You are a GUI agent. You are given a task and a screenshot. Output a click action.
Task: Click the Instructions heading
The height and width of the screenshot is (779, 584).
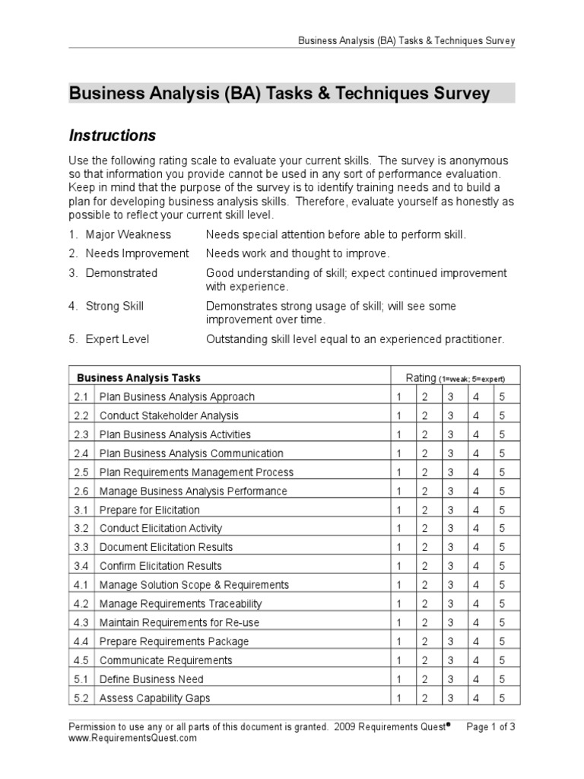tap(113, 135)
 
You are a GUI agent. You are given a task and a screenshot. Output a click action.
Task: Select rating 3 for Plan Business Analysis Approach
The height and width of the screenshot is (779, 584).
tap(450, 396)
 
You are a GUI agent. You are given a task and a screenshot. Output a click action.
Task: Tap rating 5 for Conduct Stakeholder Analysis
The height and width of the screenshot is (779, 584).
tap(502, 415)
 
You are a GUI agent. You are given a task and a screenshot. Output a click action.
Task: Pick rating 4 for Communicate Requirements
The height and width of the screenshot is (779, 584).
tap(476, 660)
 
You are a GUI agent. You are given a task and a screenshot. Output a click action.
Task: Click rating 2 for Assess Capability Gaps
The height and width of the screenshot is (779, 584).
tap(425, 698)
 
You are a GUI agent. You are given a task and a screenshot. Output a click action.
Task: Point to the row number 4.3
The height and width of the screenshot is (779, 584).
tap(82, 622)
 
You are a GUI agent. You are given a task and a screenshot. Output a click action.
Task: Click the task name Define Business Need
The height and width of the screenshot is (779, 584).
tap(151, 679)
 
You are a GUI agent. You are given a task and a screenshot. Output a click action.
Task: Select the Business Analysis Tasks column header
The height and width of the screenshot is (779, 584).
tap(138, 377)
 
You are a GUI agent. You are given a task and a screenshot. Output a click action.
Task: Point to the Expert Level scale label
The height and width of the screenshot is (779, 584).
tap(117, 339)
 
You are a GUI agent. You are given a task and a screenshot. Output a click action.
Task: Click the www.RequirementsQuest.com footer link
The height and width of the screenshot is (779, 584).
tap(132, 738)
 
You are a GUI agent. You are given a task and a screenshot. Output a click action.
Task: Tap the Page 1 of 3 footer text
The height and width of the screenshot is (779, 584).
tap(490, 727)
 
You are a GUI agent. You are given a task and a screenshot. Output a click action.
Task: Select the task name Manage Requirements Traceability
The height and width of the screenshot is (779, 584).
tap(180, 603)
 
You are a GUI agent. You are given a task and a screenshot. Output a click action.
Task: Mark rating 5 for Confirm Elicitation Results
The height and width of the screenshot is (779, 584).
tap(502, 566)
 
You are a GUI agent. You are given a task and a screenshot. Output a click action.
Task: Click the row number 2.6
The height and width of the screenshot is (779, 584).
tap(82, 491)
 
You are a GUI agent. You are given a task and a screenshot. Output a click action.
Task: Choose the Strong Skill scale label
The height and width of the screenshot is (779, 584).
tap(114, 306)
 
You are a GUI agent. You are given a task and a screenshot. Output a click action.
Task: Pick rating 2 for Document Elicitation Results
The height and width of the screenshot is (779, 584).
tap(425, 547)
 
